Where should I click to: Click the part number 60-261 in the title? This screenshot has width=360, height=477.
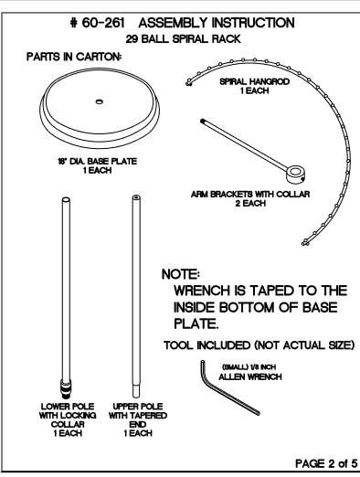click(x=103, y=23)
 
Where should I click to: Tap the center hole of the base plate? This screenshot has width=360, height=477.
click(x=99, y=101)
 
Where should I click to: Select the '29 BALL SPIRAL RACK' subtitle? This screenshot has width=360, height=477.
click(x=184, y=39)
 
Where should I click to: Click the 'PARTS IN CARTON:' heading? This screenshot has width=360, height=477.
click(x=74, y=57)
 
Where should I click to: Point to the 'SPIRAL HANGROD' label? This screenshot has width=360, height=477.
click(x=254, y=81)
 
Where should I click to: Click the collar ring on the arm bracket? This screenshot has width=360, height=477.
click(x=295, y=174)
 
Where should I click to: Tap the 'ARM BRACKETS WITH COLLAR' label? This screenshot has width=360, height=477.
click(x=250, y=194)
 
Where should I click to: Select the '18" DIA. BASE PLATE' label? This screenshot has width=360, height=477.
click(x=98, y=161)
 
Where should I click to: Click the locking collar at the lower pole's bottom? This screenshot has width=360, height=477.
click(x=66, y=389)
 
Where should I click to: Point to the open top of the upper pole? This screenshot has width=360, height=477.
click(x=136, y=197)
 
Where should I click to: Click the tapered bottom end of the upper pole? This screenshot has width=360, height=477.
click(x=136, y=391)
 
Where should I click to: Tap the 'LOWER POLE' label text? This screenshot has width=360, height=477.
click(x=68, y=407)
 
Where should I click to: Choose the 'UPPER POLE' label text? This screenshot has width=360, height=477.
click(x=138, y=407)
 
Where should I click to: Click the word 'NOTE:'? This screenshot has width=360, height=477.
click(x=181, y=274)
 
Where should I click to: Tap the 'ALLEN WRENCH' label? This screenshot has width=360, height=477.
click(x=250, y=376)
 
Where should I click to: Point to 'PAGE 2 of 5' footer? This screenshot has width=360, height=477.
click(x=326, y=463)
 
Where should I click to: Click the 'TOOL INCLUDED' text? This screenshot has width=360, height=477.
click(x=206, y=345)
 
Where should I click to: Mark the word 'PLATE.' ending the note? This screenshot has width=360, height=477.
click(x=196, y=323)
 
